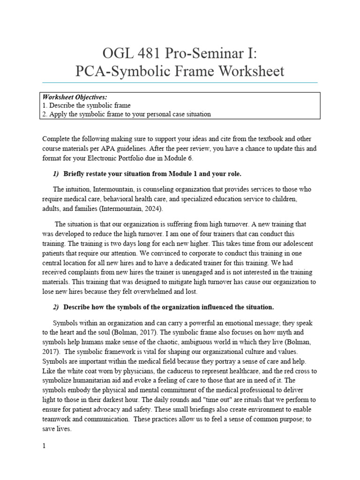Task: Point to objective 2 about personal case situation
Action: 127,114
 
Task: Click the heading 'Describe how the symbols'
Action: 168,307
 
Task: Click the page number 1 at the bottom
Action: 44,446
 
